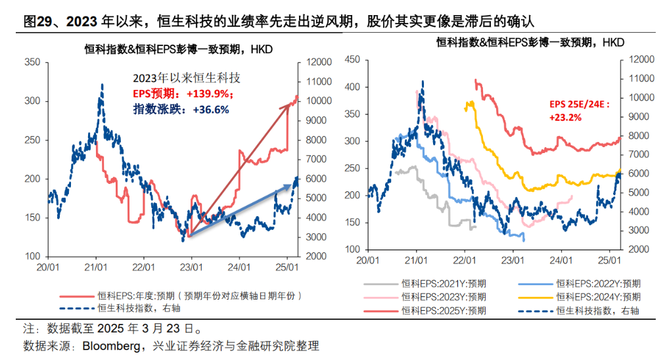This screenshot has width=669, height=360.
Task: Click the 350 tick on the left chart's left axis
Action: pos(32,62)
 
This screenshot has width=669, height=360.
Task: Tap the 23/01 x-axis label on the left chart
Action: pos(191,268)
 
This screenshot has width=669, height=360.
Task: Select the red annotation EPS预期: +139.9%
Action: pos(183,94)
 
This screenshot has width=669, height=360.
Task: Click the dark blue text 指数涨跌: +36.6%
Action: pos(181,110)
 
